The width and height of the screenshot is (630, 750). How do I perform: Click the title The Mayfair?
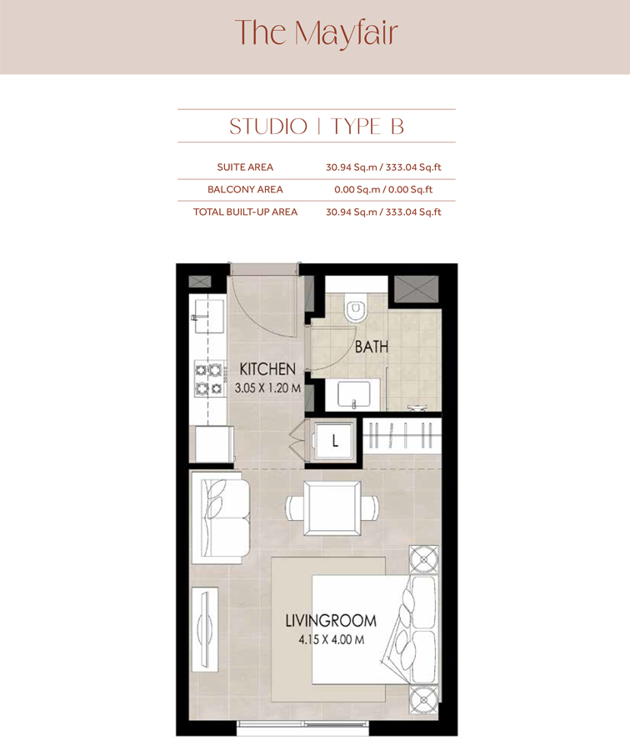click(x=316, y=33)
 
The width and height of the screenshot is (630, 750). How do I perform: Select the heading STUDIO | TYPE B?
click(x=316, y=127)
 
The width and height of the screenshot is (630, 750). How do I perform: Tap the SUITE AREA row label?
click(x=245, y=167)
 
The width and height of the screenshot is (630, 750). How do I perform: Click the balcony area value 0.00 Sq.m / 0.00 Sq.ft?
click(x=383, y=190)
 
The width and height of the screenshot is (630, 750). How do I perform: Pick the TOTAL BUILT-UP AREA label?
click(x=245, y=212)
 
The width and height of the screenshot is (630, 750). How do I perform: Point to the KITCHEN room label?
click(x=267, y=368)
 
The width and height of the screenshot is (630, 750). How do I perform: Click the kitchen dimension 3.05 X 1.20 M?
click(x=267, y=387)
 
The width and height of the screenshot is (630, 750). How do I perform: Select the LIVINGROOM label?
click(x=330, y=621)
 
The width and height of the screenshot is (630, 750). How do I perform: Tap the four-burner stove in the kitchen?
click(x=209, y=377)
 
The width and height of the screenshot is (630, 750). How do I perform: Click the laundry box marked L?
click(x=335, y=441)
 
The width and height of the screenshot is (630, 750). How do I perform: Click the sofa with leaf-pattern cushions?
click(x=220, y=517)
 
